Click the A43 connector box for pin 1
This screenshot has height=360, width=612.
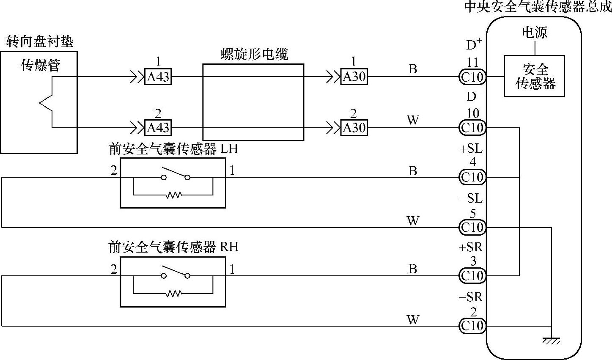click(x=158, y=77)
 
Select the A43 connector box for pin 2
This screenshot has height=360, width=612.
click(x=158, y=127)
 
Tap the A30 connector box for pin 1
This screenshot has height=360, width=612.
click(x=354, y=77)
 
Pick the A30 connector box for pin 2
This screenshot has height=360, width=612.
click(x=354, y=127)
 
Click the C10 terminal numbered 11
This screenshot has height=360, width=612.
click(x=472, y=77)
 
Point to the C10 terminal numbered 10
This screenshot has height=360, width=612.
click(x=472, y=127)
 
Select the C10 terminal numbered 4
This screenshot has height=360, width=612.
click(x=472, y=177)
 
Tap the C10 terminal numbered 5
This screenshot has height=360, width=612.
click(x=472, y=228)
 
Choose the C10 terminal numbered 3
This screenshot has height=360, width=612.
click(x=472, y=276)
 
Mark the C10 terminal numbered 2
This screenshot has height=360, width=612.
click(x=472, y=326)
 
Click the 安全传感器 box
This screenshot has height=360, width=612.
click(x=534, y=76)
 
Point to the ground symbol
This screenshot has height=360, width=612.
click(x=552, y=340)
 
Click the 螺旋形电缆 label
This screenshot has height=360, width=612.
click(x=254, y=55)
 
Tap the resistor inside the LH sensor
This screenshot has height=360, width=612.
click(x=173, y=195)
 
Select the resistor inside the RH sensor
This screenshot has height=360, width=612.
click(x=173, y=293)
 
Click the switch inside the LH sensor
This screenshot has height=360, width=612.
click(x=175, y=174)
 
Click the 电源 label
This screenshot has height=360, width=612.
click(x=534, y=33)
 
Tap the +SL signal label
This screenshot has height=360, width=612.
click(x=470, y=149)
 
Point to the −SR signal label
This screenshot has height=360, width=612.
click(x=470, y=297)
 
